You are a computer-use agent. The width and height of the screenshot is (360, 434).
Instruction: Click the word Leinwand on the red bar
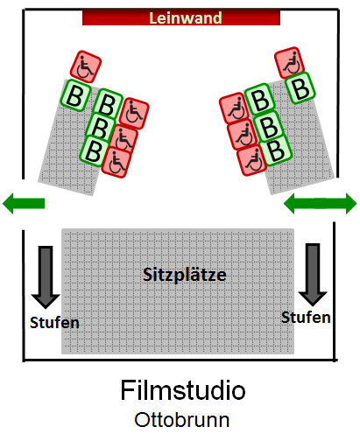(x=186, y=17)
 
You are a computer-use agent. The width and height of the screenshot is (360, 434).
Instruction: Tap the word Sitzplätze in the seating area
(x=185, y=275)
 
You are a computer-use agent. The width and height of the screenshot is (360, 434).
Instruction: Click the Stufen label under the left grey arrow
(x=54, y=323)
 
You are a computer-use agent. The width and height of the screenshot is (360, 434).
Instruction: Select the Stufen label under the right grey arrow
(x=306, y=317)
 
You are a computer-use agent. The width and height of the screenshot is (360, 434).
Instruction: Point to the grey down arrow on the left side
(x=46, y=276)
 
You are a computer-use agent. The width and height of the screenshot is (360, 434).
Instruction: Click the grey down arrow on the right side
(x=313, y=275)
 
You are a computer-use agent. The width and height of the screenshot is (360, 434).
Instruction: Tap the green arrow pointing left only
(x=24, y=203)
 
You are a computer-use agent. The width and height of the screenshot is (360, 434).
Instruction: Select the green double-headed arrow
(x=321, y=203)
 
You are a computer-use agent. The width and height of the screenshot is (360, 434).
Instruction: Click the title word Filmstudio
(x=183, y=390)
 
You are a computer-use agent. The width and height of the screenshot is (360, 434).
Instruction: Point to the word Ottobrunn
(x=182, y=420)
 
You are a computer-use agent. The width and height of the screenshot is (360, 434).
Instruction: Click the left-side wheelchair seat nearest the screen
(x=86, y=67)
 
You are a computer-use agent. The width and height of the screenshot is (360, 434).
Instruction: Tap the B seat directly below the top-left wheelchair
(x=76, y=95)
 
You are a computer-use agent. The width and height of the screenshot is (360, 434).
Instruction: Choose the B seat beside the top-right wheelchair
(x=300, y=87)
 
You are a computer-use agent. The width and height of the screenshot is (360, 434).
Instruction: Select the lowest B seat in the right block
(x=276, y=150)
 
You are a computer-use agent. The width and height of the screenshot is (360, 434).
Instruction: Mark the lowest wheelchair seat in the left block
(x=116, y=163)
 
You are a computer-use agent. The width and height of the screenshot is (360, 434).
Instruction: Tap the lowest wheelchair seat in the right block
(x=252, y=160)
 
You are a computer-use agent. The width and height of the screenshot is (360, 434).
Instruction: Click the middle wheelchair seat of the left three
(x=124, y=139)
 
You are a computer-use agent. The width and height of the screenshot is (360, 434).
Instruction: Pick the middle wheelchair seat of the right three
(x=243, y=135)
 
